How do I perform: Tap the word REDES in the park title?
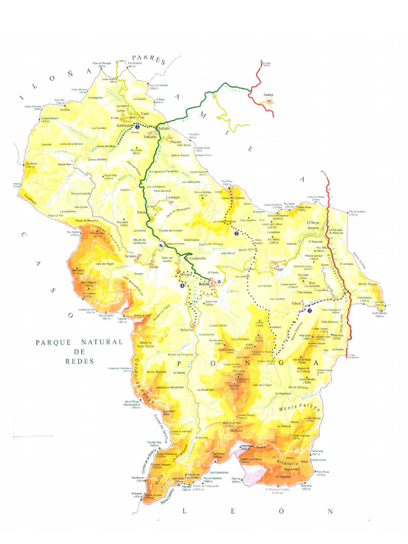pyautogui.click(x=79, y=361)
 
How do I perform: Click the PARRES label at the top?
pyautogui.click(x=149, y=59)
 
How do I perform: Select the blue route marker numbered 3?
pyautogui.click(x=138, y=127)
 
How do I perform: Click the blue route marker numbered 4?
pyautogui.click(x=183, y=285)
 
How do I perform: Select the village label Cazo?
pyautogui.click(x=145, y=114)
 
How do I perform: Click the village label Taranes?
pyautogui.click(x=131, y=256)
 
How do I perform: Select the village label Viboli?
pyautogui.click(x=295, y=303)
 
